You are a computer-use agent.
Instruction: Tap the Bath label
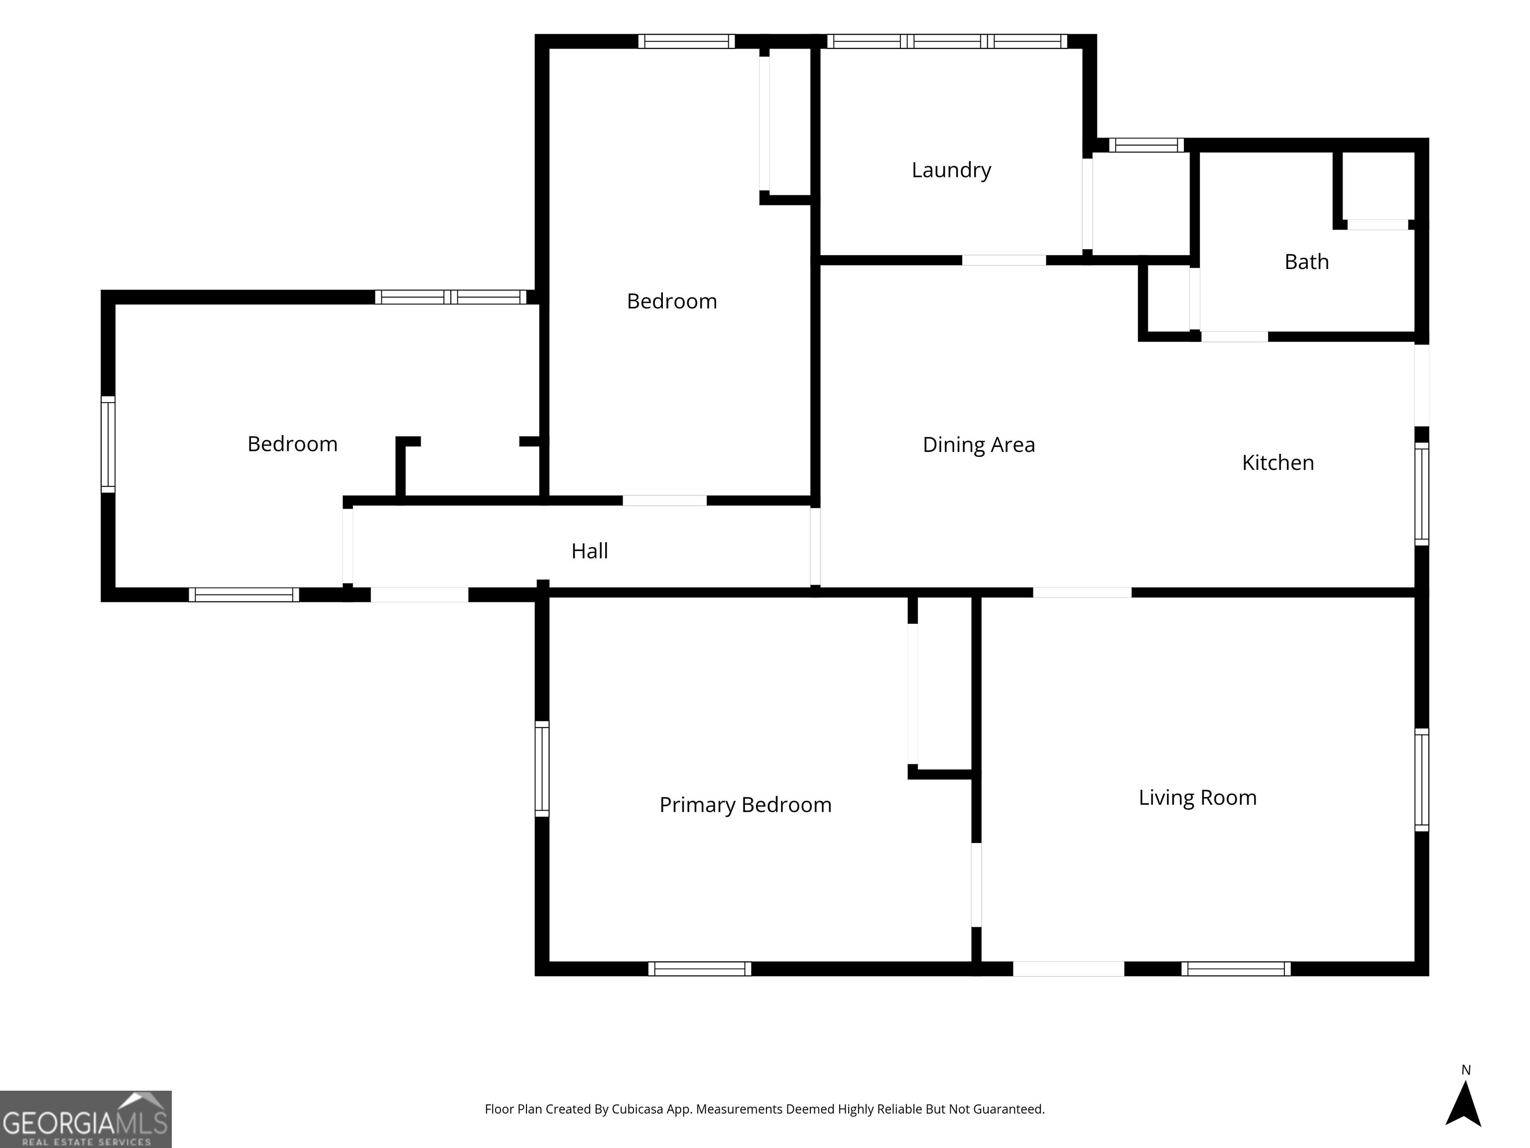coord(1306,262)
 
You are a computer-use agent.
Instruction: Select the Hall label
coord(589,551)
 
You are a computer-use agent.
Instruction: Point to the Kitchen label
coord(1277,462)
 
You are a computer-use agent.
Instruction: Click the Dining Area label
coord(979,444)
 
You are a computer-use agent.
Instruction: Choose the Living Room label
coord(1197,797)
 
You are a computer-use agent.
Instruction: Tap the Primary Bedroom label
coord(745,805)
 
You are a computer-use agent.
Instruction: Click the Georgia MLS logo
coord(86,1119)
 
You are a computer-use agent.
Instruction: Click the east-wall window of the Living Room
coord(1421,780)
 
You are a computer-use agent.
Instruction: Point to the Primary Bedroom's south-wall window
coord(699,969)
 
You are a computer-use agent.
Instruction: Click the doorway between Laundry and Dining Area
coord(1004,260)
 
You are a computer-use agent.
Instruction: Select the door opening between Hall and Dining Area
coord(815,547)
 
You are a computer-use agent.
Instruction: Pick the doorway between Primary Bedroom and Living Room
coord(976,884)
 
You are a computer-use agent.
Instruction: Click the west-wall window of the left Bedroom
coord(108,444)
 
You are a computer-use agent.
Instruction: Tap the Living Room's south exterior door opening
coord(1069,969)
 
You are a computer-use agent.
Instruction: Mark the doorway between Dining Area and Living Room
coord(1082,592)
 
